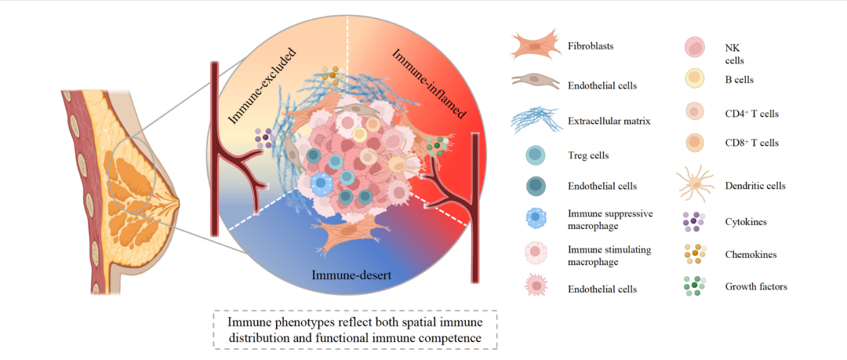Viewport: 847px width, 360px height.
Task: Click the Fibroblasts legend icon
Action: (x=536, y=45)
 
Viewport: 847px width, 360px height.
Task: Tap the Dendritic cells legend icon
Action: (x=696, y=185)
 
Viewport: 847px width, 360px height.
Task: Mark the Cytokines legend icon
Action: (x=696, y=222)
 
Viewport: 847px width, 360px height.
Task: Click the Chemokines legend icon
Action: (x=696, y=254)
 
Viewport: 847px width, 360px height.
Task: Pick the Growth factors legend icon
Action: (x=696, y=286)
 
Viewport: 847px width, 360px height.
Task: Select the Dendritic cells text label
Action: (x=754, y=186)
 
